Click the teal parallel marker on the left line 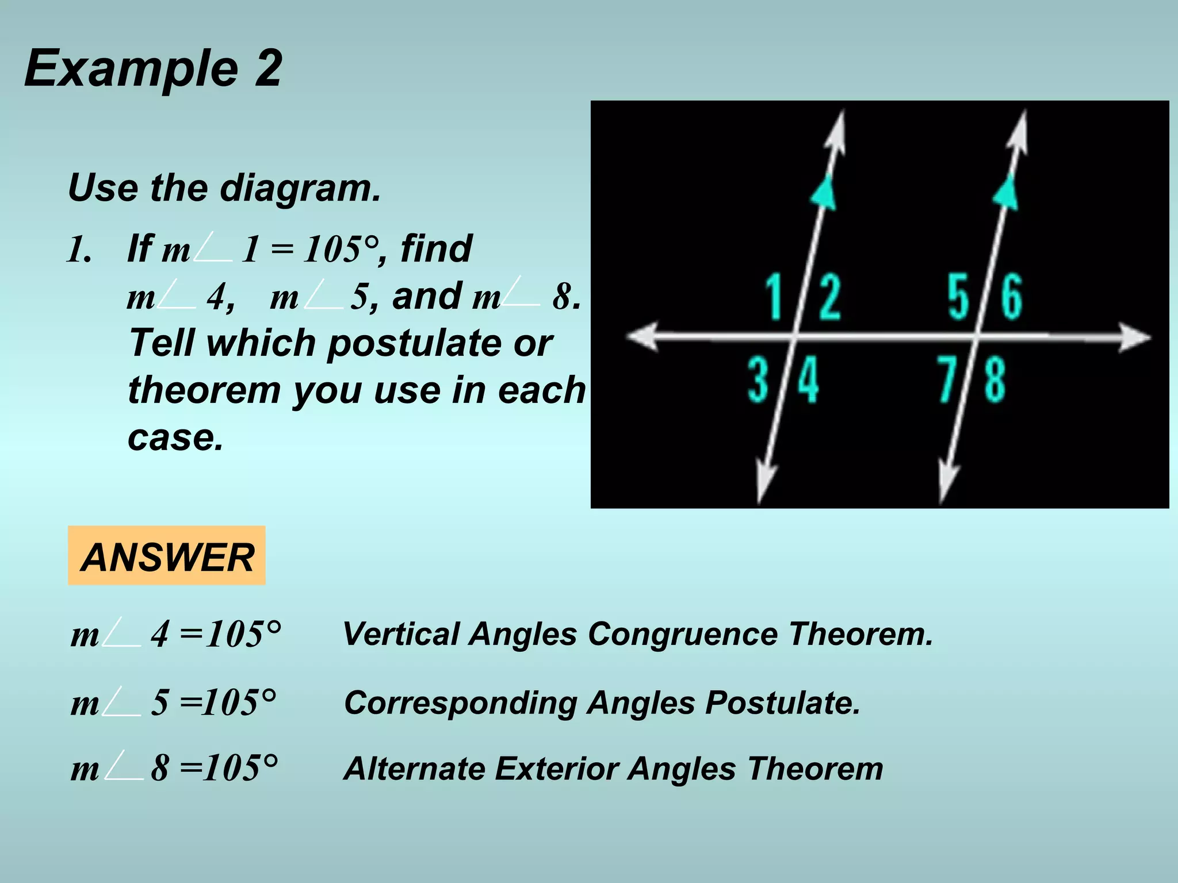tap(824, 193)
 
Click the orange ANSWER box tap(167, 556)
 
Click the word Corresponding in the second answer tap(461, 703)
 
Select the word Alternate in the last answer tap(414, 769)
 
